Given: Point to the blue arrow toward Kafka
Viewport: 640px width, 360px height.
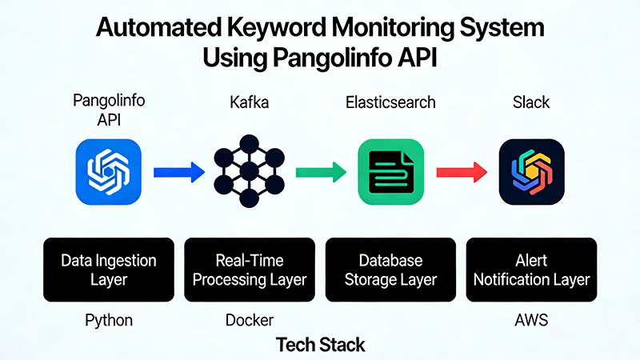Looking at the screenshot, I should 178,171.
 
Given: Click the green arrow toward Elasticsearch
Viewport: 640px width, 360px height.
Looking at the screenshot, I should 320,171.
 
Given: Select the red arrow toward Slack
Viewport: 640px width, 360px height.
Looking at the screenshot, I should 462,171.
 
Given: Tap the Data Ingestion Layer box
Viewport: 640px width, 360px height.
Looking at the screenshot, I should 109,270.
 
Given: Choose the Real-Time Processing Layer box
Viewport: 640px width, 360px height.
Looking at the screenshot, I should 250,270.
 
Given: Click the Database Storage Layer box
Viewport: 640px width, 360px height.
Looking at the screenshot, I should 390,270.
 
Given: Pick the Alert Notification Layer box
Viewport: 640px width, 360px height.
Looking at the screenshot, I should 531,270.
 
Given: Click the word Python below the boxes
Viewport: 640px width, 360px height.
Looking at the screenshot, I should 109,320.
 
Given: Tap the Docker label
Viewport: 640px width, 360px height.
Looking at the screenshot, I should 250,320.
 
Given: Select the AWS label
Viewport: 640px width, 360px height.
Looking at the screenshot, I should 531,320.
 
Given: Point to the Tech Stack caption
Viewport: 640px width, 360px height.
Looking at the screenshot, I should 320,345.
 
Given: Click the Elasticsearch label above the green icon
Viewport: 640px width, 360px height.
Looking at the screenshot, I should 390,103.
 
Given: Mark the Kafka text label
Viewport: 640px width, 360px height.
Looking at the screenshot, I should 249,103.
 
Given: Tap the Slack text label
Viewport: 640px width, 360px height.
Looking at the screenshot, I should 531,103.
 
